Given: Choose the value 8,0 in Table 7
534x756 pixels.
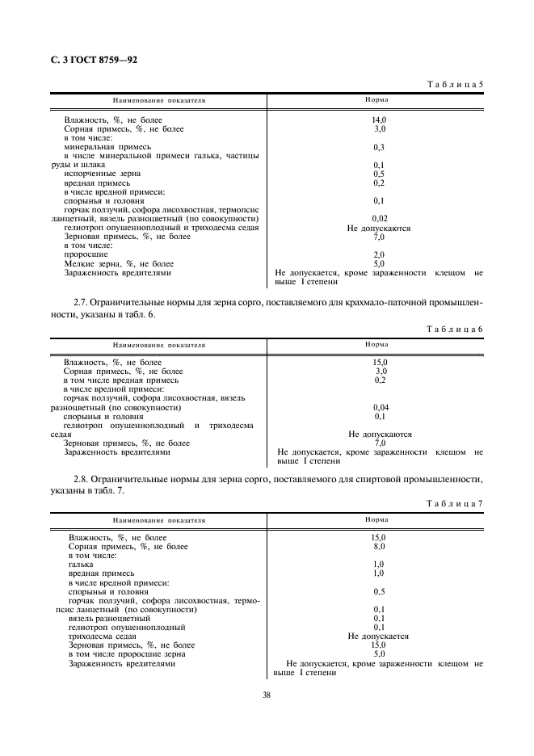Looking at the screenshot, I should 377,547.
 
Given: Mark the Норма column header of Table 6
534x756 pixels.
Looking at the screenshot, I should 376,344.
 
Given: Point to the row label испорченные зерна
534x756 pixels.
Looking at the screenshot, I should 102,174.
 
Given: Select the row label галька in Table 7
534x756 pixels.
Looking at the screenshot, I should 81,565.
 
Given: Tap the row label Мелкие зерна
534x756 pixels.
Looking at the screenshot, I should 118,263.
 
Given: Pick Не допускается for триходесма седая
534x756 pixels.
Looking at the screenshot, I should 378,636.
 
